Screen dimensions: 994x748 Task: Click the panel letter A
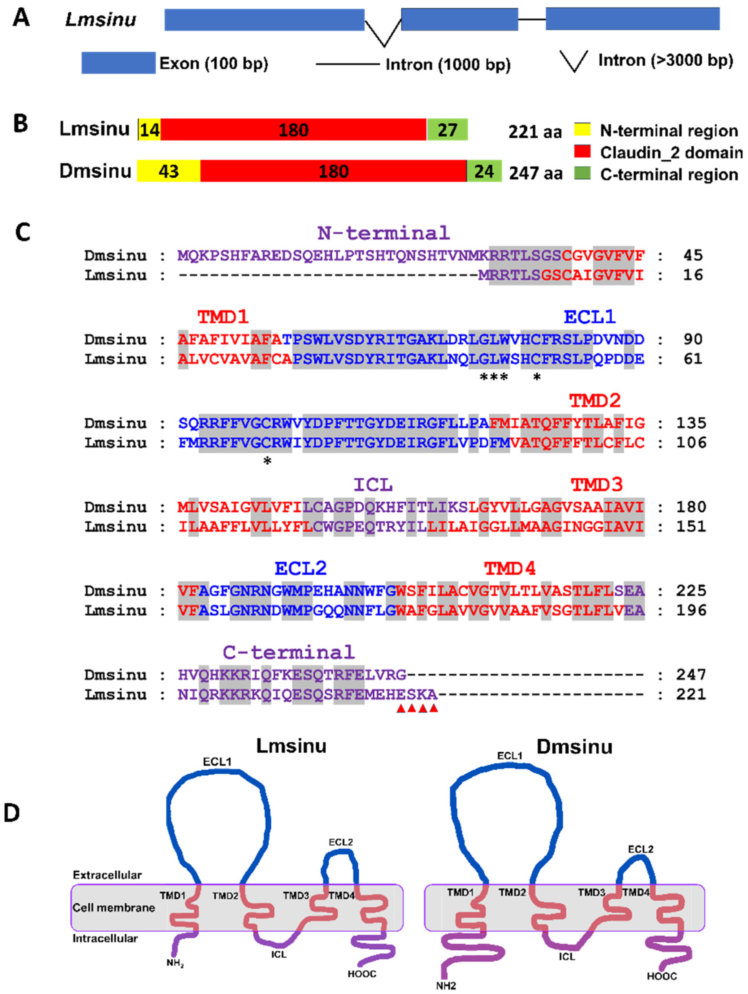coord(21,19)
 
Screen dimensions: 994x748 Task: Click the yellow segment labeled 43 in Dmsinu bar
coord(168,171)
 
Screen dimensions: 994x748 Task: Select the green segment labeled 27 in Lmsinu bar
coord(447,130)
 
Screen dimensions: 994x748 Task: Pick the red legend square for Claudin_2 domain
coord(583,151)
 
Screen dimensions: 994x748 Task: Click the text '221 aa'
coord(535,132)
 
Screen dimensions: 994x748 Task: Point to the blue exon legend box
coord(118,63)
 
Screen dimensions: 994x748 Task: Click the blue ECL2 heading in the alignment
coord(300,568)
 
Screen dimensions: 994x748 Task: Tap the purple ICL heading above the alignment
coord(373,485)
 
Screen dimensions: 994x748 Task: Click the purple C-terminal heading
coord(288,652)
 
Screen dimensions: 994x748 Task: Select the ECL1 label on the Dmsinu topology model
coord(510,756)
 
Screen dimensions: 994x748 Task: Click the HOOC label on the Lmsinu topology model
coord(362,974)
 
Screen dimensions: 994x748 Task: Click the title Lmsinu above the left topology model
coord(291,746)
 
